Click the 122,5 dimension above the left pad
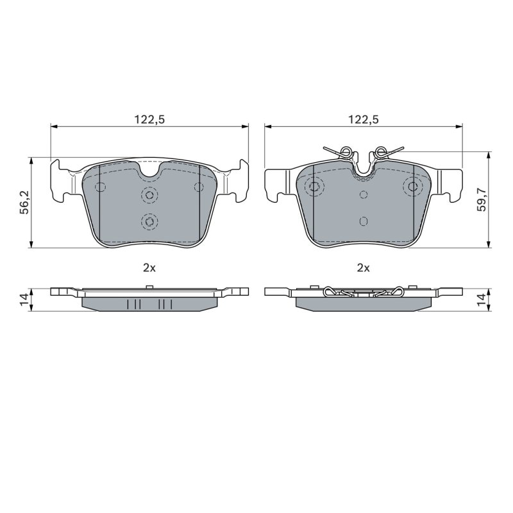pos(149,119)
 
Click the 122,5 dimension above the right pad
pos(363,119)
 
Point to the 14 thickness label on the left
pos(24,299)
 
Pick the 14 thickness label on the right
pos(482,299)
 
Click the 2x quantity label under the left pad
pos(149,268)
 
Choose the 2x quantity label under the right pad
pos(363,268)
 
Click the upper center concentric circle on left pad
pos(149,196)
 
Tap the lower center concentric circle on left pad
pos(149,222)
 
